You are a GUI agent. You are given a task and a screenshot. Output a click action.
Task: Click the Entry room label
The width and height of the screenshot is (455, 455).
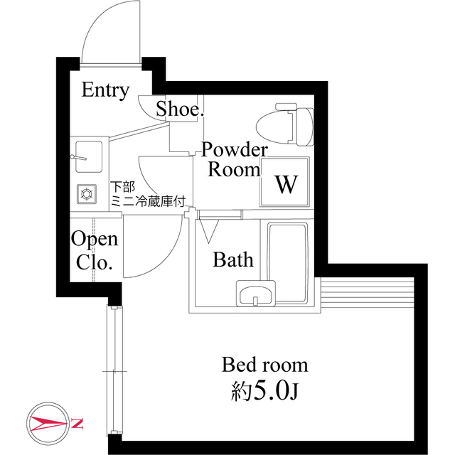click(105, 90)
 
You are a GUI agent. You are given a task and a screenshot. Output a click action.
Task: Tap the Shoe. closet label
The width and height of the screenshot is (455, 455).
click(180, 109)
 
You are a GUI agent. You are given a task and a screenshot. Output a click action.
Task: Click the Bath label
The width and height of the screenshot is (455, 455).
click(233, 260)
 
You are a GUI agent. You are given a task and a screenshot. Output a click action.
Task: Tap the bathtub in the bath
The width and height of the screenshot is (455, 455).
click(287, 262)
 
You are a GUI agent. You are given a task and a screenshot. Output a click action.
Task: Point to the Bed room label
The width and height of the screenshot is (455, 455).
click(264, 365)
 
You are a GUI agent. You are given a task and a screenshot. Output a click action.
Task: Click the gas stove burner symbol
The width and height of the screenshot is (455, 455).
click(87, 192)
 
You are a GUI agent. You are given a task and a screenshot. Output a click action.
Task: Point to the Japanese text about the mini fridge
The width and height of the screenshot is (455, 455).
click(147, 193)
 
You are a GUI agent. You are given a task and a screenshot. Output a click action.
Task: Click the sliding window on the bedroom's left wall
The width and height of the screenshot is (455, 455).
click(113, 370)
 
